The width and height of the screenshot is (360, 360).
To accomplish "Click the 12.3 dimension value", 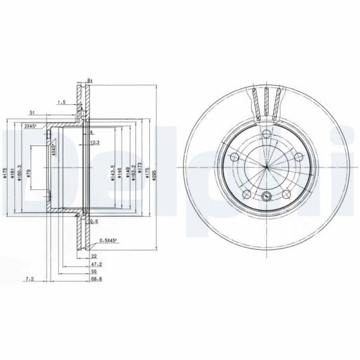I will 95,143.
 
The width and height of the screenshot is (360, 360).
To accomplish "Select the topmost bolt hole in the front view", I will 265,134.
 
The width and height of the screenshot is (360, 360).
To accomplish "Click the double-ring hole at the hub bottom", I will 265,195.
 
